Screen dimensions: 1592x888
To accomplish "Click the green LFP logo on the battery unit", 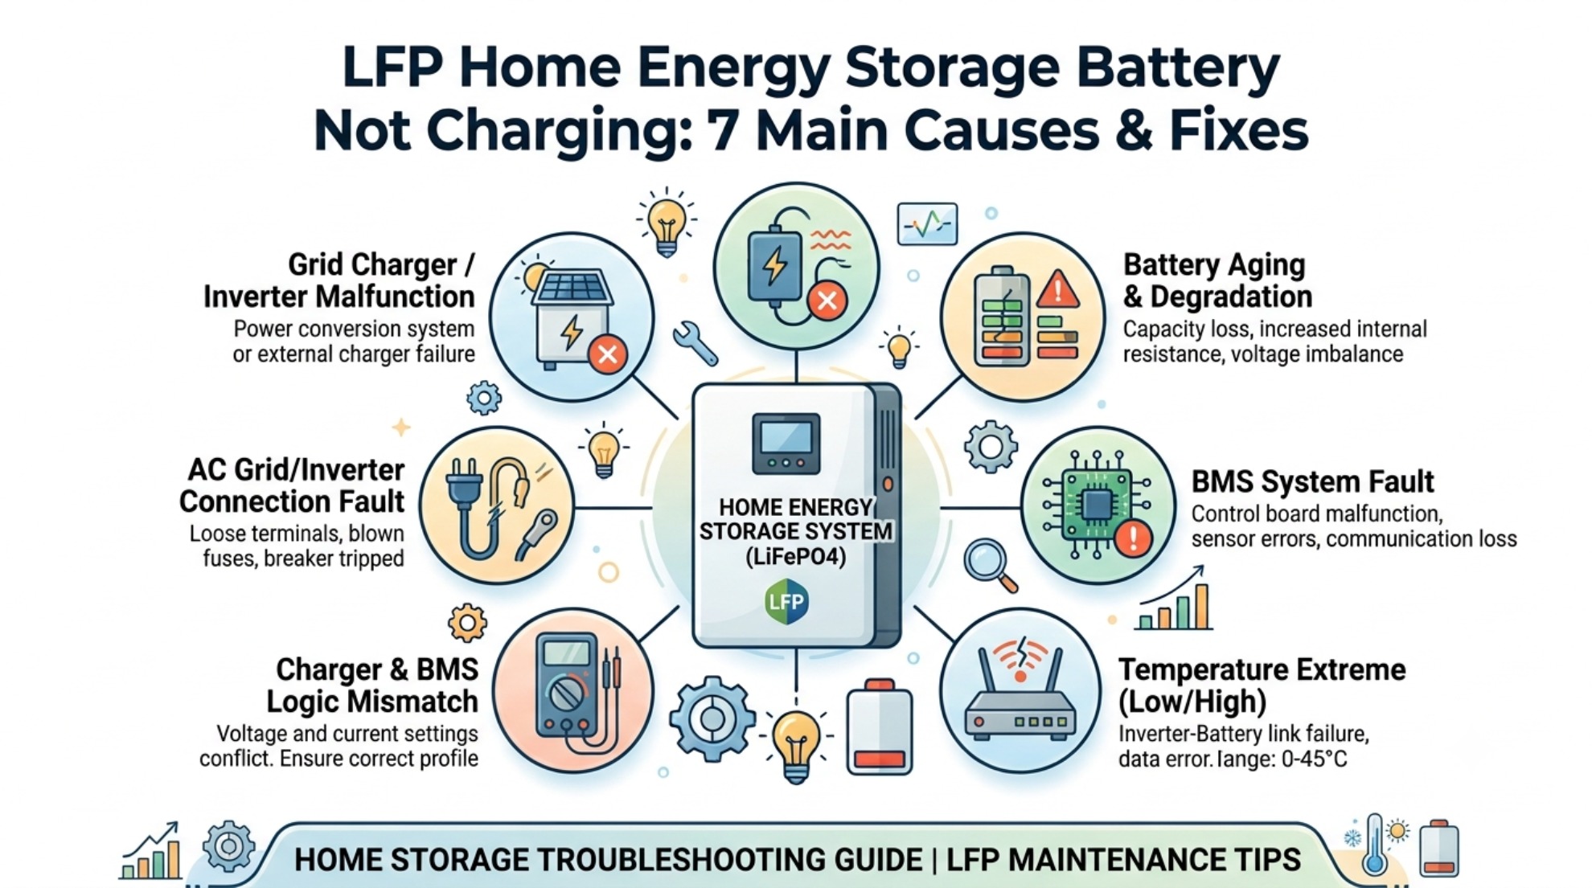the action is pos(786,601).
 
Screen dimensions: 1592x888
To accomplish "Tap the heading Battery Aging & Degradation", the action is pos(1217,280).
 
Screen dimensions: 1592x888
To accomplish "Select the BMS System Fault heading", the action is pos(1312,482).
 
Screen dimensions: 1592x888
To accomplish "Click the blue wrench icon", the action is pos(695,343).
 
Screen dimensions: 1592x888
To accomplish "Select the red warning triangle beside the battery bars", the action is pos(1058,289).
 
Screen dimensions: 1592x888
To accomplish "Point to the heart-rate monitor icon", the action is pos(927,223).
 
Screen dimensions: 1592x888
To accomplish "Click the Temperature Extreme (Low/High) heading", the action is pos(1262,685).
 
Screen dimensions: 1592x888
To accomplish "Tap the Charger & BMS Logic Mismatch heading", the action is pos(372,685).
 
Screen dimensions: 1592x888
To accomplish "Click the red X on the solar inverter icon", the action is pos(608,354).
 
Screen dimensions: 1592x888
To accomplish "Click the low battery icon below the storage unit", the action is pos(879,726).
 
